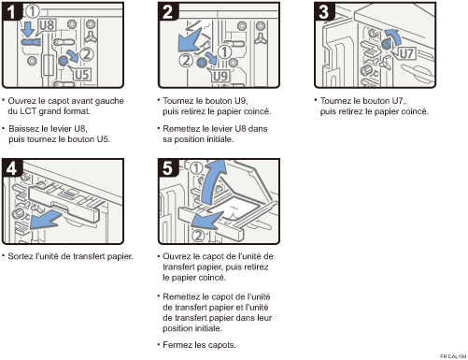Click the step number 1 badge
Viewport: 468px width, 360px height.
click(11, 11)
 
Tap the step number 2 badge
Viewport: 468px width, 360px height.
click(168, 11)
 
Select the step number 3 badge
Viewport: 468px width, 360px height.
click(324, 11)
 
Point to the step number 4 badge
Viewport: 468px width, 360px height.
click(12, 168)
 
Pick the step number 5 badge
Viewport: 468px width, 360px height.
click(168, 168)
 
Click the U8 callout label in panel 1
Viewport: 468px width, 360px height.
click(47, 25)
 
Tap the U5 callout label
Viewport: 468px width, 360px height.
click(81, 74)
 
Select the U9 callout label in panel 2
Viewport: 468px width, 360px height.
click(220, 76)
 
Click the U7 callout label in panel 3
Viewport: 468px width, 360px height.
click(406, 53)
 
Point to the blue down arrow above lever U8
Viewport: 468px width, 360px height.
click(29, 28)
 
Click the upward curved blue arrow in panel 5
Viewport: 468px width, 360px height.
click(213, 182)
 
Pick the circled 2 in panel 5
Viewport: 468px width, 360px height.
click(198, 236)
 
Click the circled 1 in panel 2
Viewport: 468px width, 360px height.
click(224, 51)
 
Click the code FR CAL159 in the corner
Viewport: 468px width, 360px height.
click(453, 356)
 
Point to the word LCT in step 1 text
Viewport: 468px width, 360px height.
click(28, 111)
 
